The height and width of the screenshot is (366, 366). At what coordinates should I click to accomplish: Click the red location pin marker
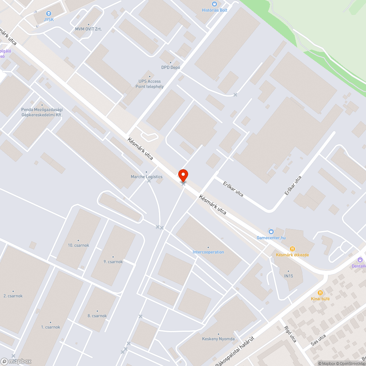(x=183, y=175)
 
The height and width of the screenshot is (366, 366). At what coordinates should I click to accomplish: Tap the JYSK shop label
(x=49, y=19)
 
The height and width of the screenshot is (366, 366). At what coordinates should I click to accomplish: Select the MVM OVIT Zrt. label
(x=88, y=29)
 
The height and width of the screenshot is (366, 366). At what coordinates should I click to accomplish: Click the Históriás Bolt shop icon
(x=215, y=4)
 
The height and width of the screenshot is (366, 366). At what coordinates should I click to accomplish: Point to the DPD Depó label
(x=170, y=67)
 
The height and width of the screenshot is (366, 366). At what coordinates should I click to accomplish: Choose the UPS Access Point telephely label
(x=149, y=84)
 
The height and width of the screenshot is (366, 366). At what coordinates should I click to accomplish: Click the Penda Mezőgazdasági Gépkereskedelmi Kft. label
(x=42, y=112)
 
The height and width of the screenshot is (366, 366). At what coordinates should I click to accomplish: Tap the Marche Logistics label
(x=146, y=177)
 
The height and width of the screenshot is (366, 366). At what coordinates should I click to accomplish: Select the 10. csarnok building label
(x=78, y=245)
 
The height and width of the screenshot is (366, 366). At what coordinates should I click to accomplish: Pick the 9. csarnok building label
(x=113, y=261)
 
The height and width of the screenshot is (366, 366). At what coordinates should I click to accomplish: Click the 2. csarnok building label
(x=13, y=295)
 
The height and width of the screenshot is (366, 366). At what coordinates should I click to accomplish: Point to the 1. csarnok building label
(x=51, y=327)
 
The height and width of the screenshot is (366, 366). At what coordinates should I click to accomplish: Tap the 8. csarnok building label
(x=97, y=315)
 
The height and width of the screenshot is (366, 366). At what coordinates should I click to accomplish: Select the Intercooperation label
(x=208, y=252)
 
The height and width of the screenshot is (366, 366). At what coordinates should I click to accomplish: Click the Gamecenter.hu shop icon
(x=271, y=231)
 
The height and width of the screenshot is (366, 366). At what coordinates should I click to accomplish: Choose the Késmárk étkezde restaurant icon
(x=292, y=249)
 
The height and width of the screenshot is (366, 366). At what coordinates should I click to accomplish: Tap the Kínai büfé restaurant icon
(x=320, y=292)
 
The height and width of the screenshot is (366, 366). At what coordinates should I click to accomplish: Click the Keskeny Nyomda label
(x=218, y=339)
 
